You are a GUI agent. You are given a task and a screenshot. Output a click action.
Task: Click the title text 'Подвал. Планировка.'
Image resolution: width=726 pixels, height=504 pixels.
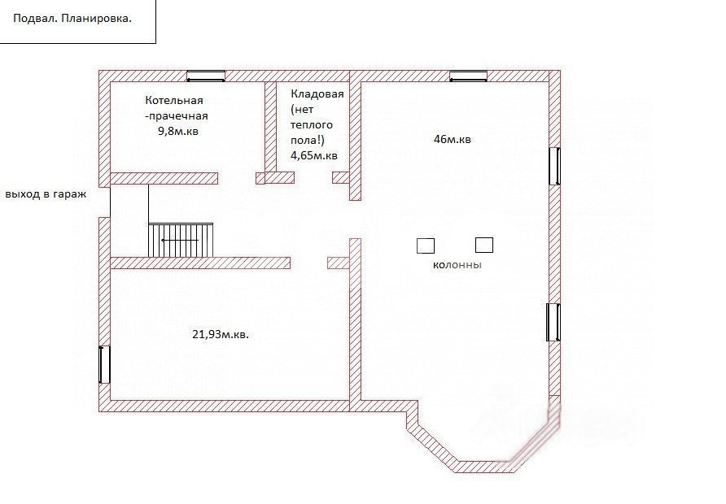72,19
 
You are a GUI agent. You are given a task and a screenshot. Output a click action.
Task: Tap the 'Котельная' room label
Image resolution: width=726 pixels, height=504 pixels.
174,100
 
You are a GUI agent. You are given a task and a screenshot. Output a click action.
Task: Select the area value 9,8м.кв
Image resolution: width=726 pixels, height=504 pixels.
178,132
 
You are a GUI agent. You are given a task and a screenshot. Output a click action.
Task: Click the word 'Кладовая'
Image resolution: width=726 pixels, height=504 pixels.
317,93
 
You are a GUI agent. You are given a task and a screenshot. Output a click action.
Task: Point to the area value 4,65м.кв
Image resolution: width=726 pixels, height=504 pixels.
314,155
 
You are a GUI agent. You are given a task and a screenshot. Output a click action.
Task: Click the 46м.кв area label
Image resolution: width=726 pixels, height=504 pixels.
453,139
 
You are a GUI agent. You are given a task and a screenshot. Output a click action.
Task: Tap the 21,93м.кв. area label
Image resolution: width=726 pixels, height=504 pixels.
221,334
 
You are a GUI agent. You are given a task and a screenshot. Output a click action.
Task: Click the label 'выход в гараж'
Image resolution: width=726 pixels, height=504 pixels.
46,194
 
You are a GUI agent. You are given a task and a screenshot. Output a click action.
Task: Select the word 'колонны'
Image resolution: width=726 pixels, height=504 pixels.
457,265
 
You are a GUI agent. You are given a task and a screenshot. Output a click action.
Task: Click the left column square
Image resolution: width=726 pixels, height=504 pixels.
426,245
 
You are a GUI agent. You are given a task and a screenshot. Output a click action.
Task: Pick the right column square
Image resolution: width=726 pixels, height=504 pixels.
484,245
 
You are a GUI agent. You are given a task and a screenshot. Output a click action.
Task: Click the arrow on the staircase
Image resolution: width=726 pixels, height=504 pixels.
179,241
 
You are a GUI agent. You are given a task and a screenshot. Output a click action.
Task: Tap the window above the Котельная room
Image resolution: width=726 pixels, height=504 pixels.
206,76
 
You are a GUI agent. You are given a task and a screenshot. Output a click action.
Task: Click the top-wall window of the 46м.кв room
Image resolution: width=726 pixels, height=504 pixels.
469,76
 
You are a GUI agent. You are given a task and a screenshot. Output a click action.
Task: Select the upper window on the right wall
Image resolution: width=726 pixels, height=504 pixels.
555,166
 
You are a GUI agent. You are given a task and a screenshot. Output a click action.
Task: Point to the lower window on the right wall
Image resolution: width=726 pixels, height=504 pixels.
553,322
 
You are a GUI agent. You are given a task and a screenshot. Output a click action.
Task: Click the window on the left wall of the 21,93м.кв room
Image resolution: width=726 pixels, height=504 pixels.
105,364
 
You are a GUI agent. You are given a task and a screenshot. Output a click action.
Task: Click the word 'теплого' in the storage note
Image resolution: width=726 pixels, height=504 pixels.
312,125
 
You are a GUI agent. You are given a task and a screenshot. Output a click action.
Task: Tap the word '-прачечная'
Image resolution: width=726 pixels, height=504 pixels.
177,116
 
